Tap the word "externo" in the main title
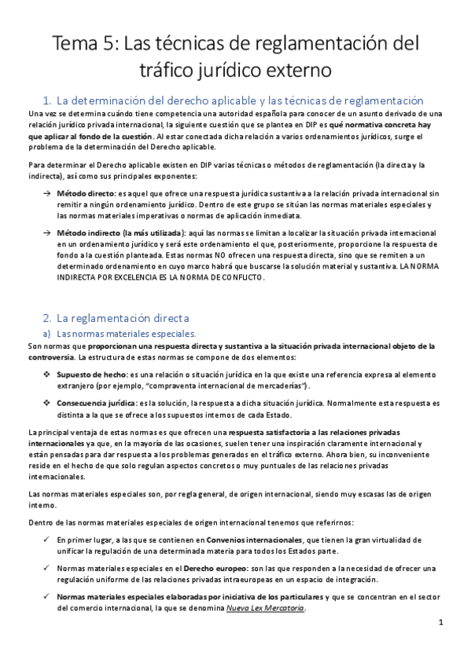tap(296, 70)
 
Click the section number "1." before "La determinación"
tap(46, 101)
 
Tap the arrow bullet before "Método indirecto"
tap(46, 233)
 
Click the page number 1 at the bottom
tap(442, 623)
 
